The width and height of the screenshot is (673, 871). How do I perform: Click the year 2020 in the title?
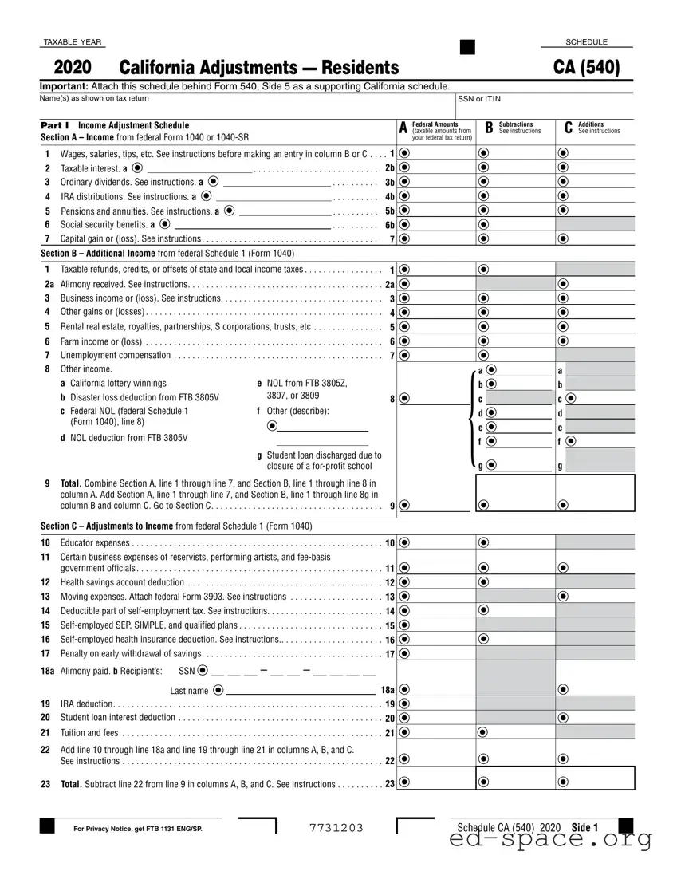coord(73,68)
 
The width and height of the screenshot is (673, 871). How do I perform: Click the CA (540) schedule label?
coord(588,68)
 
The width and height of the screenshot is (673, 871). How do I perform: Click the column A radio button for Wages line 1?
coord(404,153)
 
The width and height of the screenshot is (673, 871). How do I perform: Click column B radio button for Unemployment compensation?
coord(483,355)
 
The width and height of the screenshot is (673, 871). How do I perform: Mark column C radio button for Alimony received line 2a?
coord(564,283)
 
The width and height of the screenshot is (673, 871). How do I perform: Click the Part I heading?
coord(55,125)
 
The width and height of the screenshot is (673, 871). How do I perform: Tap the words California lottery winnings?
coord(118,384)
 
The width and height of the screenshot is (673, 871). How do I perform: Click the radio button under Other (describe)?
coord(273,426)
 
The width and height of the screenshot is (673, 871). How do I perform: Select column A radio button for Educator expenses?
coord(404,542)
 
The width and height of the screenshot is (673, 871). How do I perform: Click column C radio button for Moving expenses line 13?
coord(564,596)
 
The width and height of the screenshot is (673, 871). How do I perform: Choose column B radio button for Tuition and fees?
coord(483,731)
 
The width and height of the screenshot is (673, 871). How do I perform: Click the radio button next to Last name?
coord(218,690)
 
